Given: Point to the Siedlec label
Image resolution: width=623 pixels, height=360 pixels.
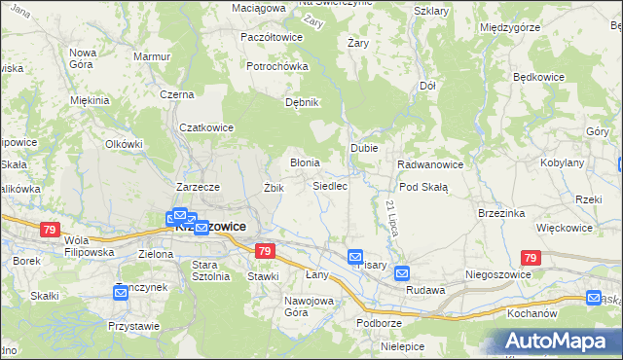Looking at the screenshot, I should pos(330,185).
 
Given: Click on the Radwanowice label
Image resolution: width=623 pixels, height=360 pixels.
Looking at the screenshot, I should pos(430,164).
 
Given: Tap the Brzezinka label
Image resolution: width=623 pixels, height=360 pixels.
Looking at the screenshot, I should pos(502,213).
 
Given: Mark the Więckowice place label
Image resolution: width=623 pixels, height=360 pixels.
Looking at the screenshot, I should pos(565,228).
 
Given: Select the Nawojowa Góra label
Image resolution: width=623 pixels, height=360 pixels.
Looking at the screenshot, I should pos(309,306).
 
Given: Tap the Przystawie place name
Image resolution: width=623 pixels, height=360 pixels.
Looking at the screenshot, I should pos(133,326).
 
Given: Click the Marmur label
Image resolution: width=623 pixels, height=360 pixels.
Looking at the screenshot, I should pos(152,57).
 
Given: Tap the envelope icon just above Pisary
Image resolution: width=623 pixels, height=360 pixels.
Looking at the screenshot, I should pos(355,257).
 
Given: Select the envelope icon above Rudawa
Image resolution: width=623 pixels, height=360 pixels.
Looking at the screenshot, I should pos(402,274).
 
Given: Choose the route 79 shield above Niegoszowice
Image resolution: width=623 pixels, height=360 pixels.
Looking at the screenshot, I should pos(530,258).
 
